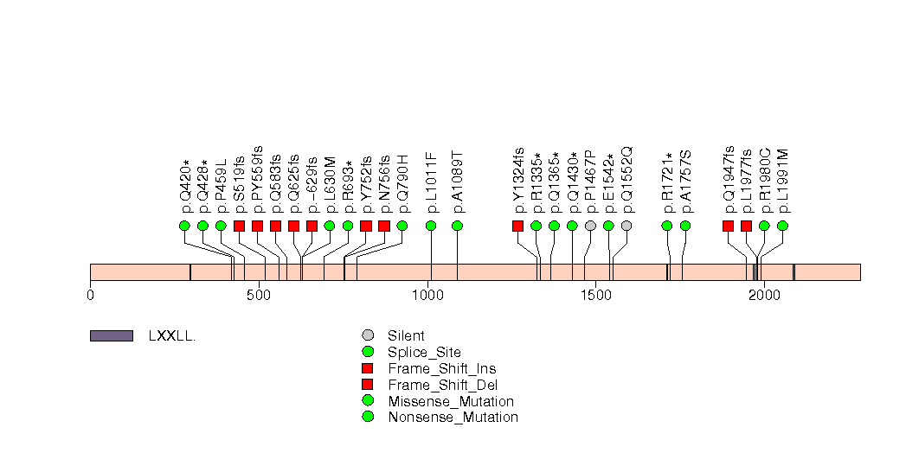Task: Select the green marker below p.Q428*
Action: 202,226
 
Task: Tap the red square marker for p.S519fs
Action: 239,226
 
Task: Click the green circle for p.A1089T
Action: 457,226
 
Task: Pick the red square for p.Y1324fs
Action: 517,226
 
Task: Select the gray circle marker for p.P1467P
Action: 590,226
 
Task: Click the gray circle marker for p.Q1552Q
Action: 626,226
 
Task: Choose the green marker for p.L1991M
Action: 782,226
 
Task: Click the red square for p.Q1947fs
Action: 728,226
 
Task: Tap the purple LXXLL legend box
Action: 111,335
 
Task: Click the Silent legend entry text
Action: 406,335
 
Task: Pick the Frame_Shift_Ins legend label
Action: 442,368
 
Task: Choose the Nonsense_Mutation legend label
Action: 453,418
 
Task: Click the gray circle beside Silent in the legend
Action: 368,335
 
